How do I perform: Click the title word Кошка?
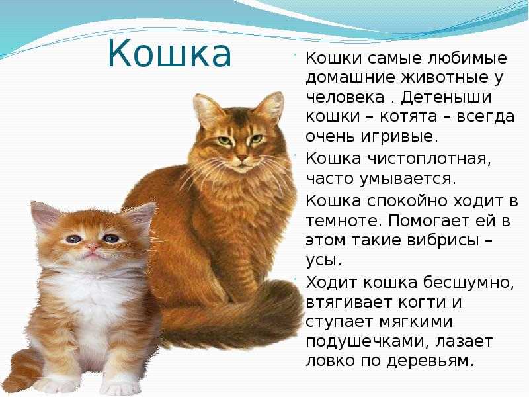[x=170, y=54]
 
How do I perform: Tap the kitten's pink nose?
[x=92, y=248]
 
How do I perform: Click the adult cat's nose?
[x=242, y=157]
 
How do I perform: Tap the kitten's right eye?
[x=111, y=238]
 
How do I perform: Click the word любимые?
[x=467, y=58]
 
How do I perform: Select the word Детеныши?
[x=446, y=97]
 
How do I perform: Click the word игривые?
[x=399, y=136]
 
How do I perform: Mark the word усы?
[x=323, y=260]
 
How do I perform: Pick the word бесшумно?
[x=469, y=283]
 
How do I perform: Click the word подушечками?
[x=368, y=341]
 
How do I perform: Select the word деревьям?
[x=428, y=361]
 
